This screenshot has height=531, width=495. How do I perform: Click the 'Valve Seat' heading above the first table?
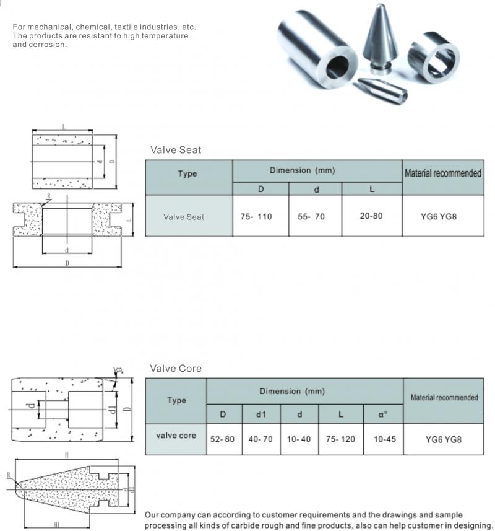click(x=176, y=150)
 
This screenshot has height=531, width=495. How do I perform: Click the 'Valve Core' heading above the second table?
click(x=176, y=368)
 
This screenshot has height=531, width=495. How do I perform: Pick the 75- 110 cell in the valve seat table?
click(x=256, y=217)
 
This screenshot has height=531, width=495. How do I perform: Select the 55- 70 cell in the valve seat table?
click(x=316, y=217)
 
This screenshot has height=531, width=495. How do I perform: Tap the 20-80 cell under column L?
click(x=371, y=216)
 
